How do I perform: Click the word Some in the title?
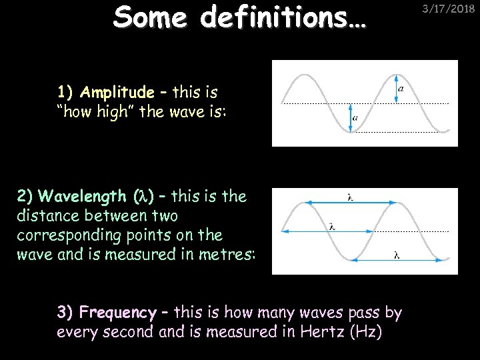[x=148, y=19]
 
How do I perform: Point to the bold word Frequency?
[x=117, y=312]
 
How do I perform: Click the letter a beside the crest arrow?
[x=400, y=88]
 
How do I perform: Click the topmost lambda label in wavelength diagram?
[x=351, y=196]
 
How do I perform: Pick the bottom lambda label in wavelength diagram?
[x=397, y=254]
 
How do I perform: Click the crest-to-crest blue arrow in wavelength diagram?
[x=347, y=202]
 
